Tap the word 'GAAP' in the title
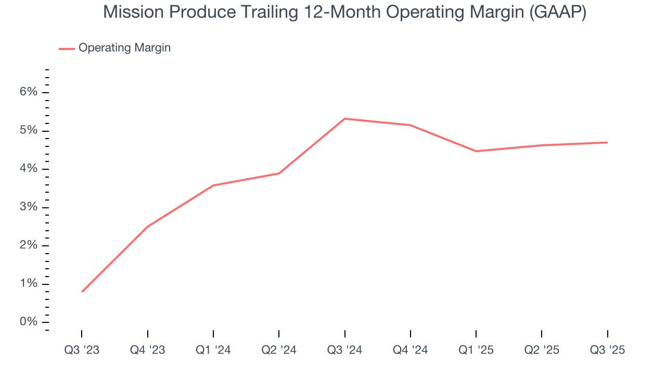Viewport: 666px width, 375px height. [555, 12]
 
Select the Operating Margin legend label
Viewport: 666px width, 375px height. [124, 48]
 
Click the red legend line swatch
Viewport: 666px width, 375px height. [67, 48]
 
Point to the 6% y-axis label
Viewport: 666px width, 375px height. [29, 92]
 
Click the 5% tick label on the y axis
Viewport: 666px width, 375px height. [29, 130]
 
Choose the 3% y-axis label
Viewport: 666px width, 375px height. [29, 207]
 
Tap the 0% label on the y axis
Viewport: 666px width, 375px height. [29, 322]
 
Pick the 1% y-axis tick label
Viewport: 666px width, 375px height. [29, 284]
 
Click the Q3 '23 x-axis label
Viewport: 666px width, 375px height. [82, 350]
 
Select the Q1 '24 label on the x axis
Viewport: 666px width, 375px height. [213, 350]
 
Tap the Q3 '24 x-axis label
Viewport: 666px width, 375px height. [344, 350]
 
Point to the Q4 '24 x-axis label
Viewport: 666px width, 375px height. [411, 350]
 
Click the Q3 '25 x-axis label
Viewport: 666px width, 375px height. [607, 350]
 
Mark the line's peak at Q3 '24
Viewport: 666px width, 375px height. [345, 119]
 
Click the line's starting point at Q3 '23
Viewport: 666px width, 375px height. [82, 292]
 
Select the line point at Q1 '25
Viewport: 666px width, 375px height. [476, 151]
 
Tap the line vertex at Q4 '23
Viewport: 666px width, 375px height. [148, 227]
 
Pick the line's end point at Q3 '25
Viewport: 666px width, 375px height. [607, 142]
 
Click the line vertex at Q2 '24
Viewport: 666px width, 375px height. [279, 173]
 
